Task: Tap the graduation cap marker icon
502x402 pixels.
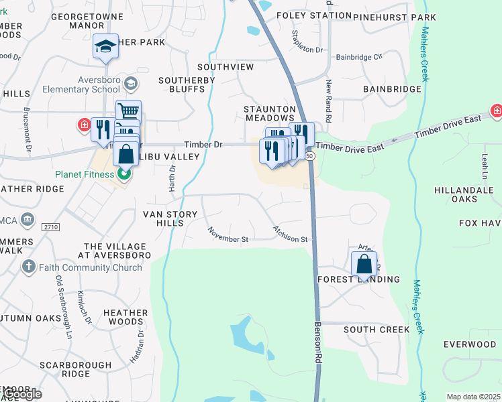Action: pos(105,46)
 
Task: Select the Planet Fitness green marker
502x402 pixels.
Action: pos(123,176)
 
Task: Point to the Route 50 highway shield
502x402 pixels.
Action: pos(309,155)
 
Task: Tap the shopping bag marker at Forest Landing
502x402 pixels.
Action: pos(364,264)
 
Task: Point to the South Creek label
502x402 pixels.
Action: pos(376,330)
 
